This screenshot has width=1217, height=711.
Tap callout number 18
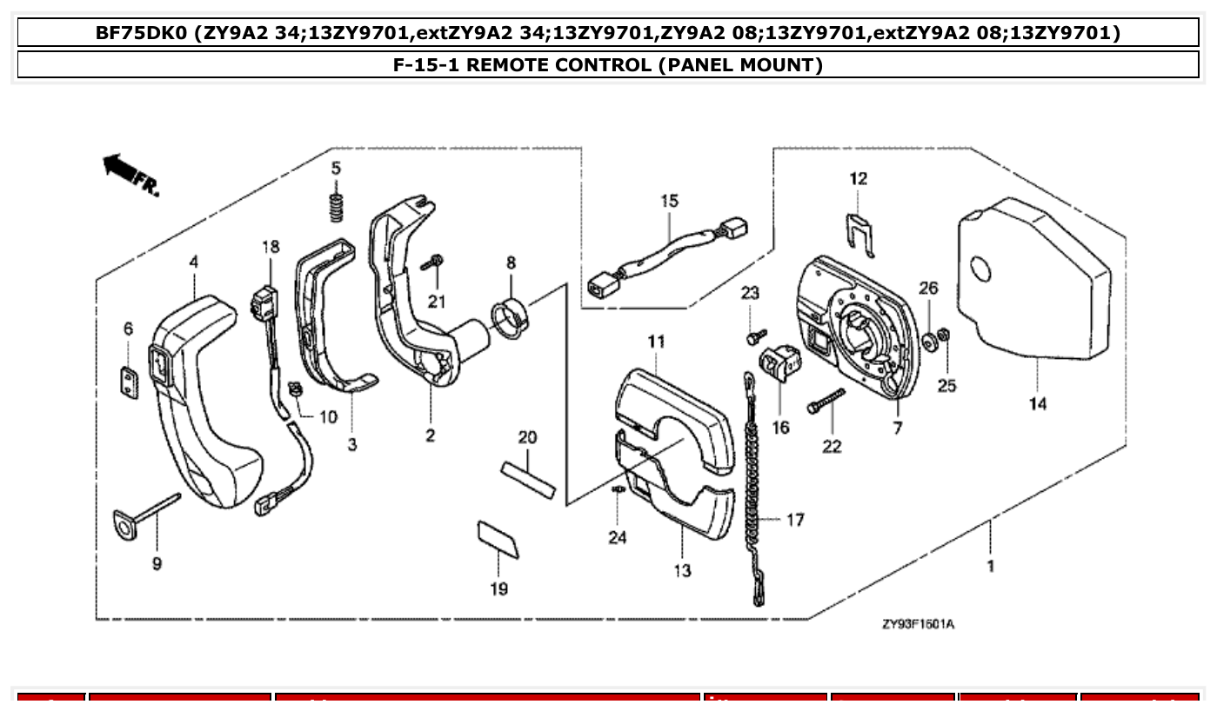coord(271,247)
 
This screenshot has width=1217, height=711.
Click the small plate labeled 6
coord(129,382)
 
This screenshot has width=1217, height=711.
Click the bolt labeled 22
coord(826,402)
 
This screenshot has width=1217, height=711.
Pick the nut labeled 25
coord(946,335)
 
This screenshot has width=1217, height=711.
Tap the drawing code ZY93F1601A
coord(917,624)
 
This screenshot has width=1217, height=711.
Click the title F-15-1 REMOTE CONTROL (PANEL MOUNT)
coord(608,64)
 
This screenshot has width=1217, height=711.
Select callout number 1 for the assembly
coord(991,566)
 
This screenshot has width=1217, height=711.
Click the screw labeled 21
coord(432,262)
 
